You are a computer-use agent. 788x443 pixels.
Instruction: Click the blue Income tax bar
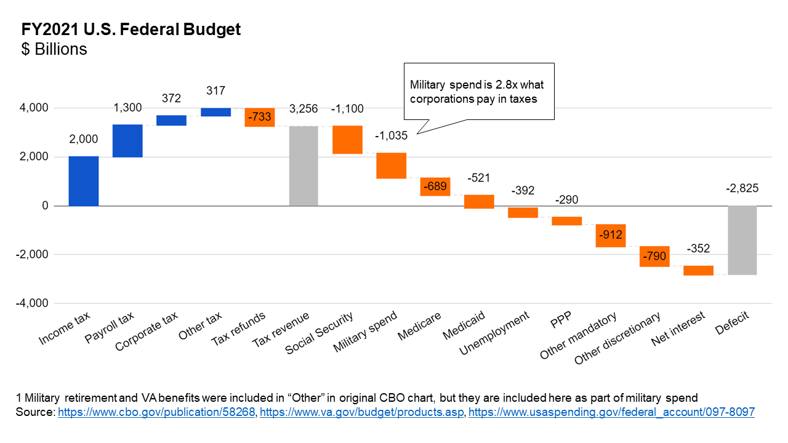(84, 181)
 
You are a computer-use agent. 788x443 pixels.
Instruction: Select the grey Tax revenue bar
(304, 166)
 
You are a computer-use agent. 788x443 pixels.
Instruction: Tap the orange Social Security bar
(348, 140)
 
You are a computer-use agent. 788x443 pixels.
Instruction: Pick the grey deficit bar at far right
(742, 240)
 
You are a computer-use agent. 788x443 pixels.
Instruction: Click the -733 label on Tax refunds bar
(260, 117)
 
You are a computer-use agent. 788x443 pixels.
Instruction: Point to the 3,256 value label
(304, 109)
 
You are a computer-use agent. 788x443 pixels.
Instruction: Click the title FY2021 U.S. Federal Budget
(131, 30)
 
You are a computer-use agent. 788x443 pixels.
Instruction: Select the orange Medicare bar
(436, 186)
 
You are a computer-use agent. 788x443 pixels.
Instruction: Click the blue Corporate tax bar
(171, 121)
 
